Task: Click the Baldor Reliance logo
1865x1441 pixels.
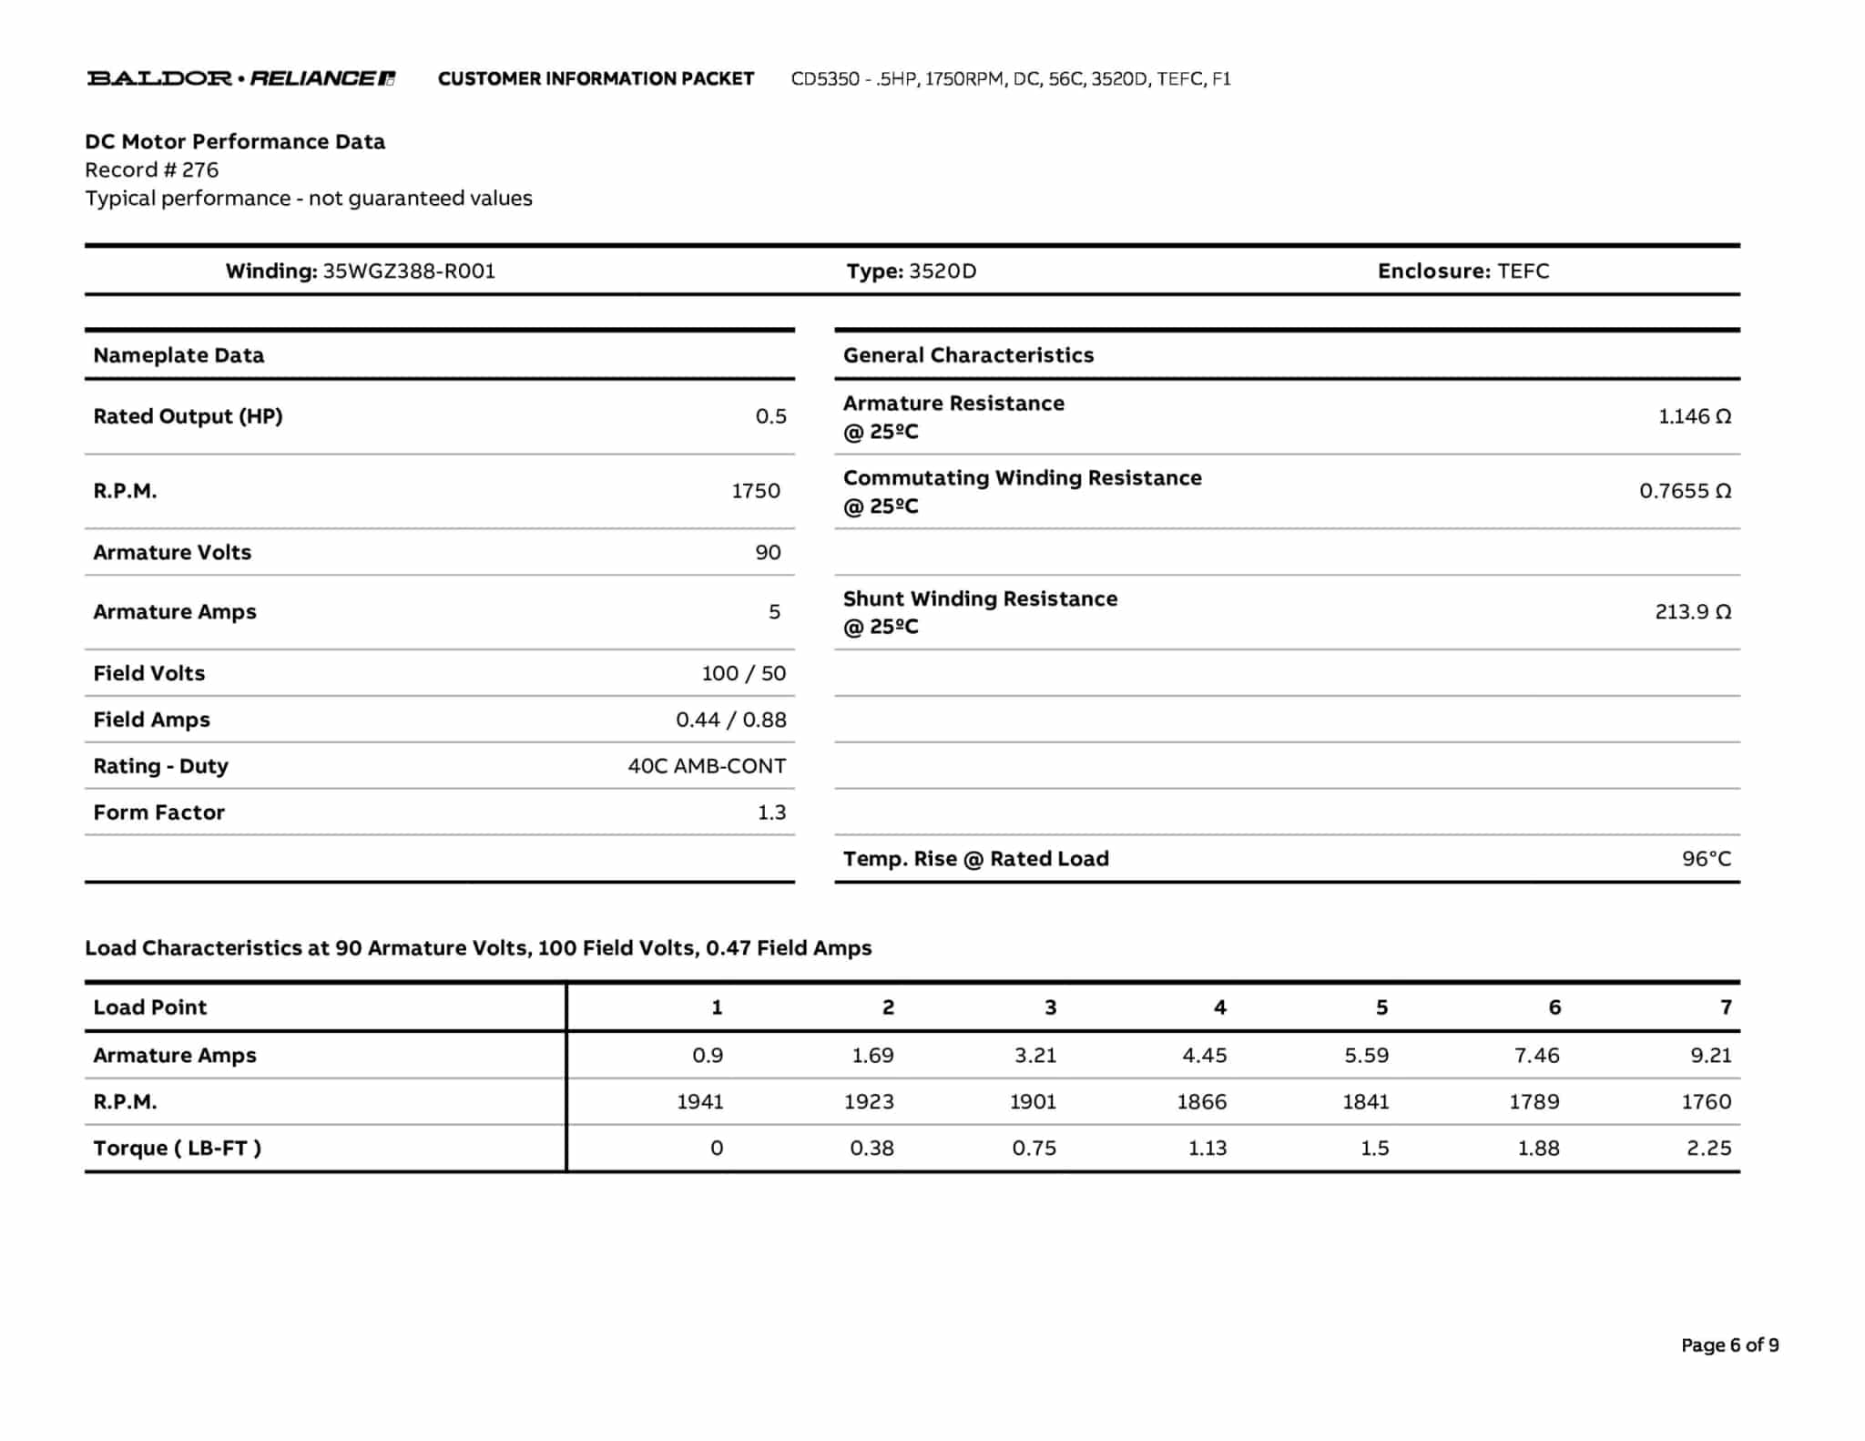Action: point(240,78)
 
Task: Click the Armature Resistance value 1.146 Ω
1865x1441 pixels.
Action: point(1694,416)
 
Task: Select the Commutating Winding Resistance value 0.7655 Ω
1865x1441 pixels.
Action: point(1685,491)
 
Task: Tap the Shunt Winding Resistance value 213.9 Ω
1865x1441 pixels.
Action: point(1692,611)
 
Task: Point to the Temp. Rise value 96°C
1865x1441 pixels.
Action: point(1706,858)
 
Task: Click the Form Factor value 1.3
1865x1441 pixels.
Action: point(771,812)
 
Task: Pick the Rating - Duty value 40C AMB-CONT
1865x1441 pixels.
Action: point(707,766)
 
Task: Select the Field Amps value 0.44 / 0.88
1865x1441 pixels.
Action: point(730,720)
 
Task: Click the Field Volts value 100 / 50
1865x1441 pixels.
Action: point(743,673)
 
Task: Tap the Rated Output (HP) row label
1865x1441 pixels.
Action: point(188,416)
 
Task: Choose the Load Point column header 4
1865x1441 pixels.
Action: point(1219,1007)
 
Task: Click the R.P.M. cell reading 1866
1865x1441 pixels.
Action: point(1201,1101)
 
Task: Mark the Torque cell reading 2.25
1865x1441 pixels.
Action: point(1708,1148)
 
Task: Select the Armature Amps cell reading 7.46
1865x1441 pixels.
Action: point(1536,1055)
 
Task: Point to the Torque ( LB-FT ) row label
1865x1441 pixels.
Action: point(177,1148)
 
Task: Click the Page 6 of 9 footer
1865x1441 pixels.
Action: point(1729,1345)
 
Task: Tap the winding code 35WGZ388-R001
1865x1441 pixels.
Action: point(409,271)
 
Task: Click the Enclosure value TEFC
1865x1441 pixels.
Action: point(1523,271)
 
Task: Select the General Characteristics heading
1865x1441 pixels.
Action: point(968,355)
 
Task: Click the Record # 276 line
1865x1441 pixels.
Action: point(152,169)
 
